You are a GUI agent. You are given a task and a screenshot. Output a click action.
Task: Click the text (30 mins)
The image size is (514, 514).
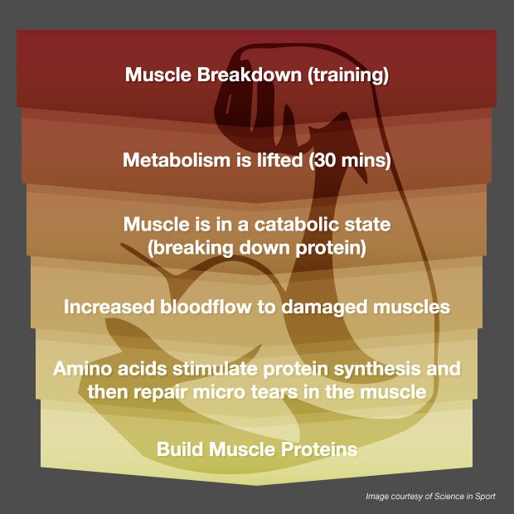click(349, 160)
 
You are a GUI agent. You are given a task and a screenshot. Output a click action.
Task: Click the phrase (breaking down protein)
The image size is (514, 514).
click(257, 246)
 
